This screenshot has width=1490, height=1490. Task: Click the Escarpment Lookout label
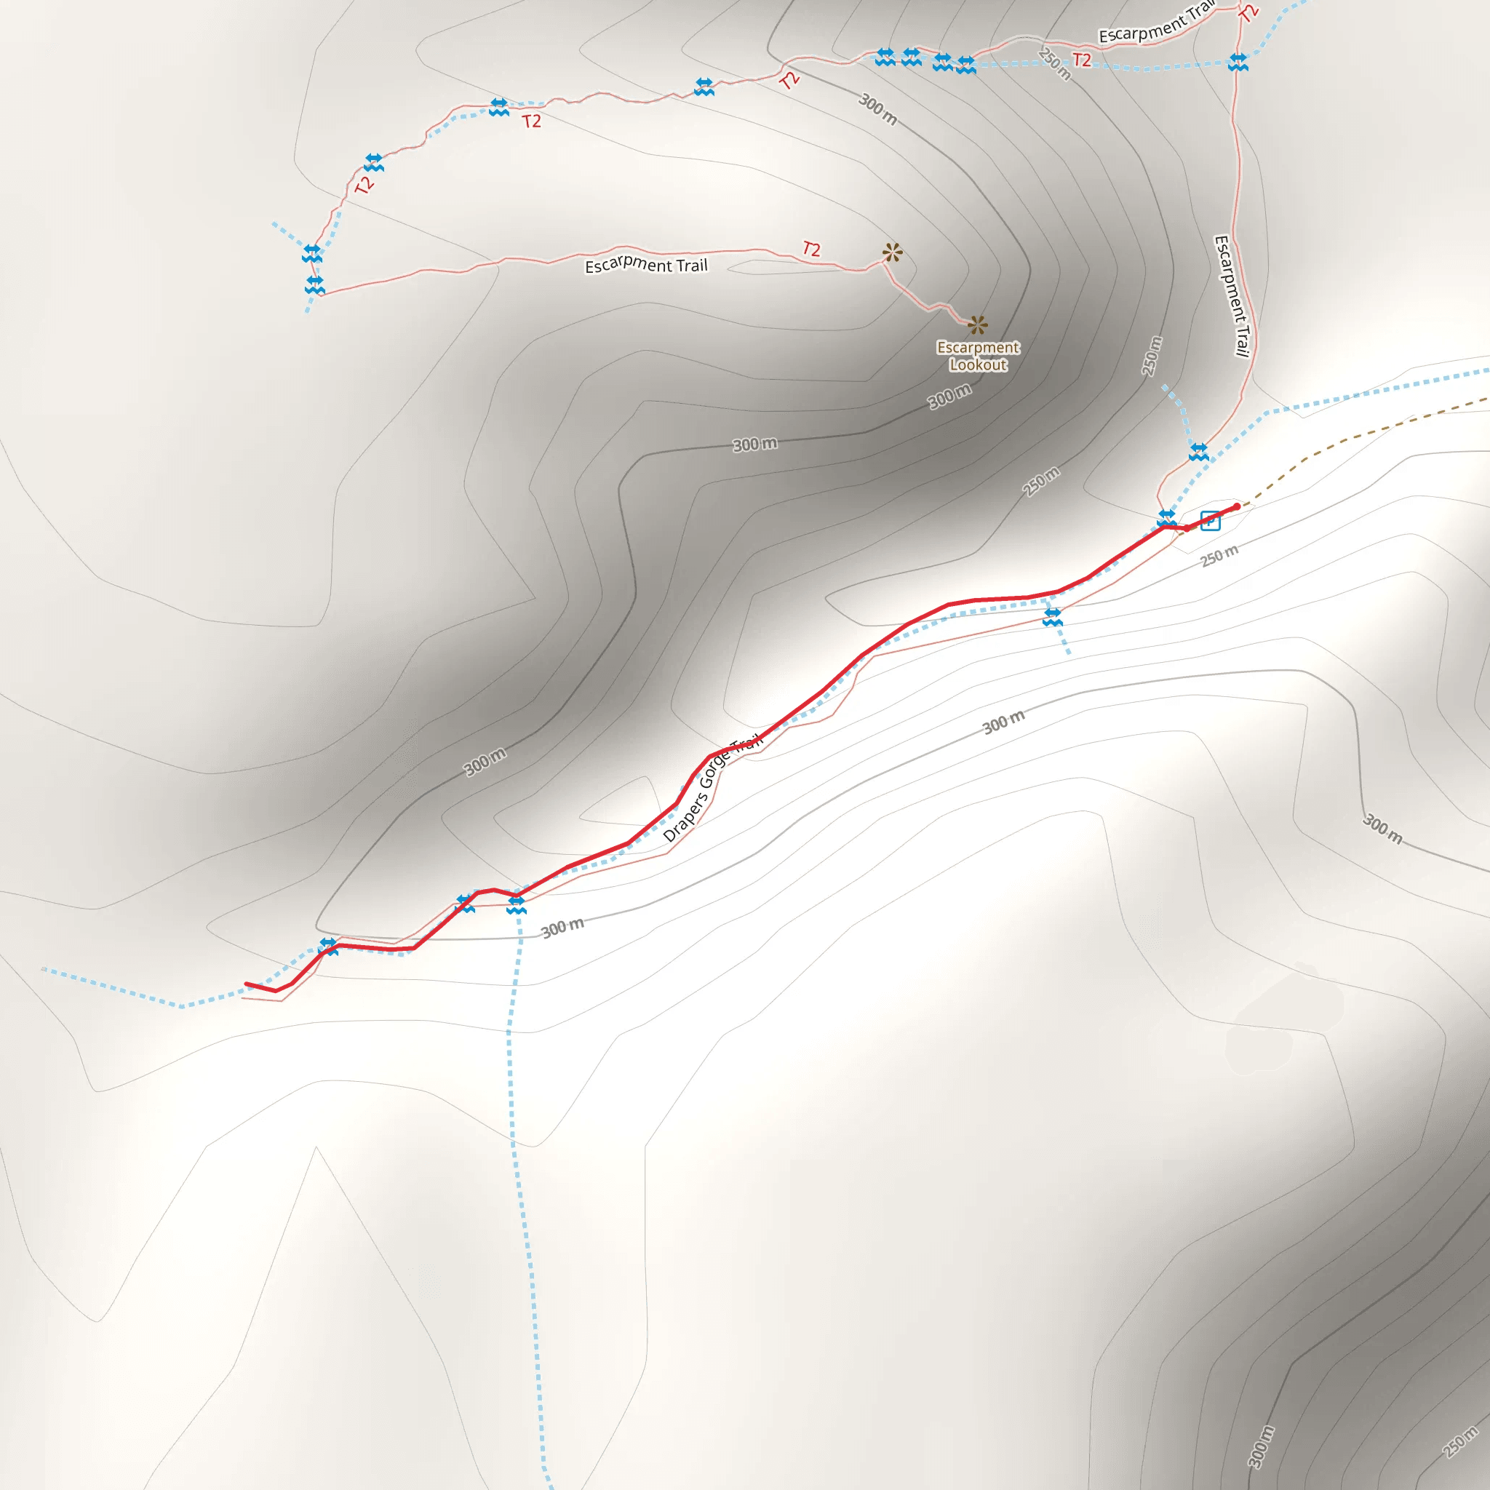click(x=978, y=356)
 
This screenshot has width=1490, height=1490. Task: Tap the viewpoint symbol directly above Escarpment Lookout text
click(x=977, y=324)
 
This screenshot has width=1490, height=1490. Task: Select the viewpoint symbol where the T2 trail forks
click(x=892, y=252)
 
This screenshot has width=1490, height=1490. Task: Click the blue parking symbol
click(x=1210, y=522)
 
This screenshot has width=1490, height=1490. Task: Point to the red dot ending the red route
click(x=1236, y=506)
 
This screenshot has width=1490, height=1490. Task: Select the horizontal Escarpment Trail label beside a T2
click(x=646, y=266)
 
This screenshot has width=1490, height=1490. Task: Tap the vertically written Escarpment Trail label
click(x=1232, y=297)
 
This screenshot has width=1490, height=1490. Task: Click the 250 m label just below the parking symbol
click(x=1219, y=555)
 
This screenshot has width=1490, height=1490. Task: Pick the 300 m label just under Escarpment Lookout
click(x=949, y=397)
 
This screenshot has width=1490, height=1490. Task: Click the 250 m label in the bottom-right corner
click(x=1460, y=1443)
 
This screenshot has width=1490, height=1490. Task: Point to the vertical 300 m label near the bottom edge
click(x=1261, y=1447)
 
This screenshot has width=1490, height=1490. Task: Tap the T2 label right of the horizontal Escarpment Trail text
click(x=811, y=248)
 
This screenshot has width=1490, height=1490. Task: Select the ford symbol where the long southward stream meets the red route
click(x=516, y=905)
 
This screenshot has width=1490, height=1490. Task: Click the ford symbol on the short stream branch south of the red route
click(x=1053, y=617)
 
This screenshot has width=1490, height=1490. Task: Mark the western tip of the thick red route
click(x=246, y=984)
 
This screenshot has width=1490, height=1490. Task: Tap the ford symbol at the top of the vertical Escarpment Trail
click(x=1238, y=62)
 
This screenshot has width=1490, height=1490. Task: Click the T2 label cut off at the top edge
click(x=1248, y=12)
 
